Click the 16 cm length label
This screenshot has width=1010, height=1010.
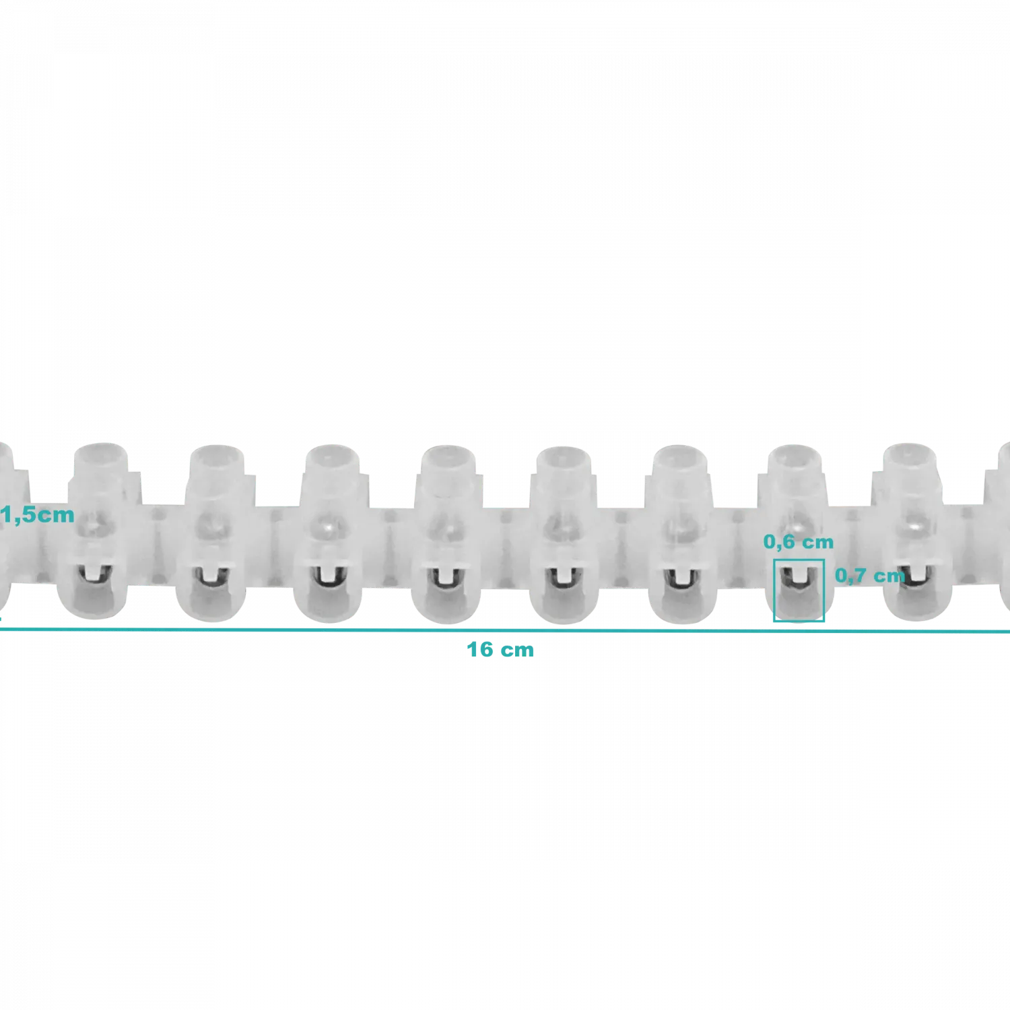[500, 650]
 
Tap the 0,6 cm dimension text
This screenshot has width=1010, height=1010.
[799, 542]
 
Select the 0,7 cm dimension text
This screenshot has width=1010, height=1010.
[870, 576]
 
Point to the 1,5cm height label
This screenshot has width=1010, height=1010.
[38, 515]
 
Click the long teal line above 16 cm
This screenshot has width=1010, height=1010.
[505, 631]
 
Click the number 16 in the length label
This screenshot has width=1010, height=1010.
[480, 650]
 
